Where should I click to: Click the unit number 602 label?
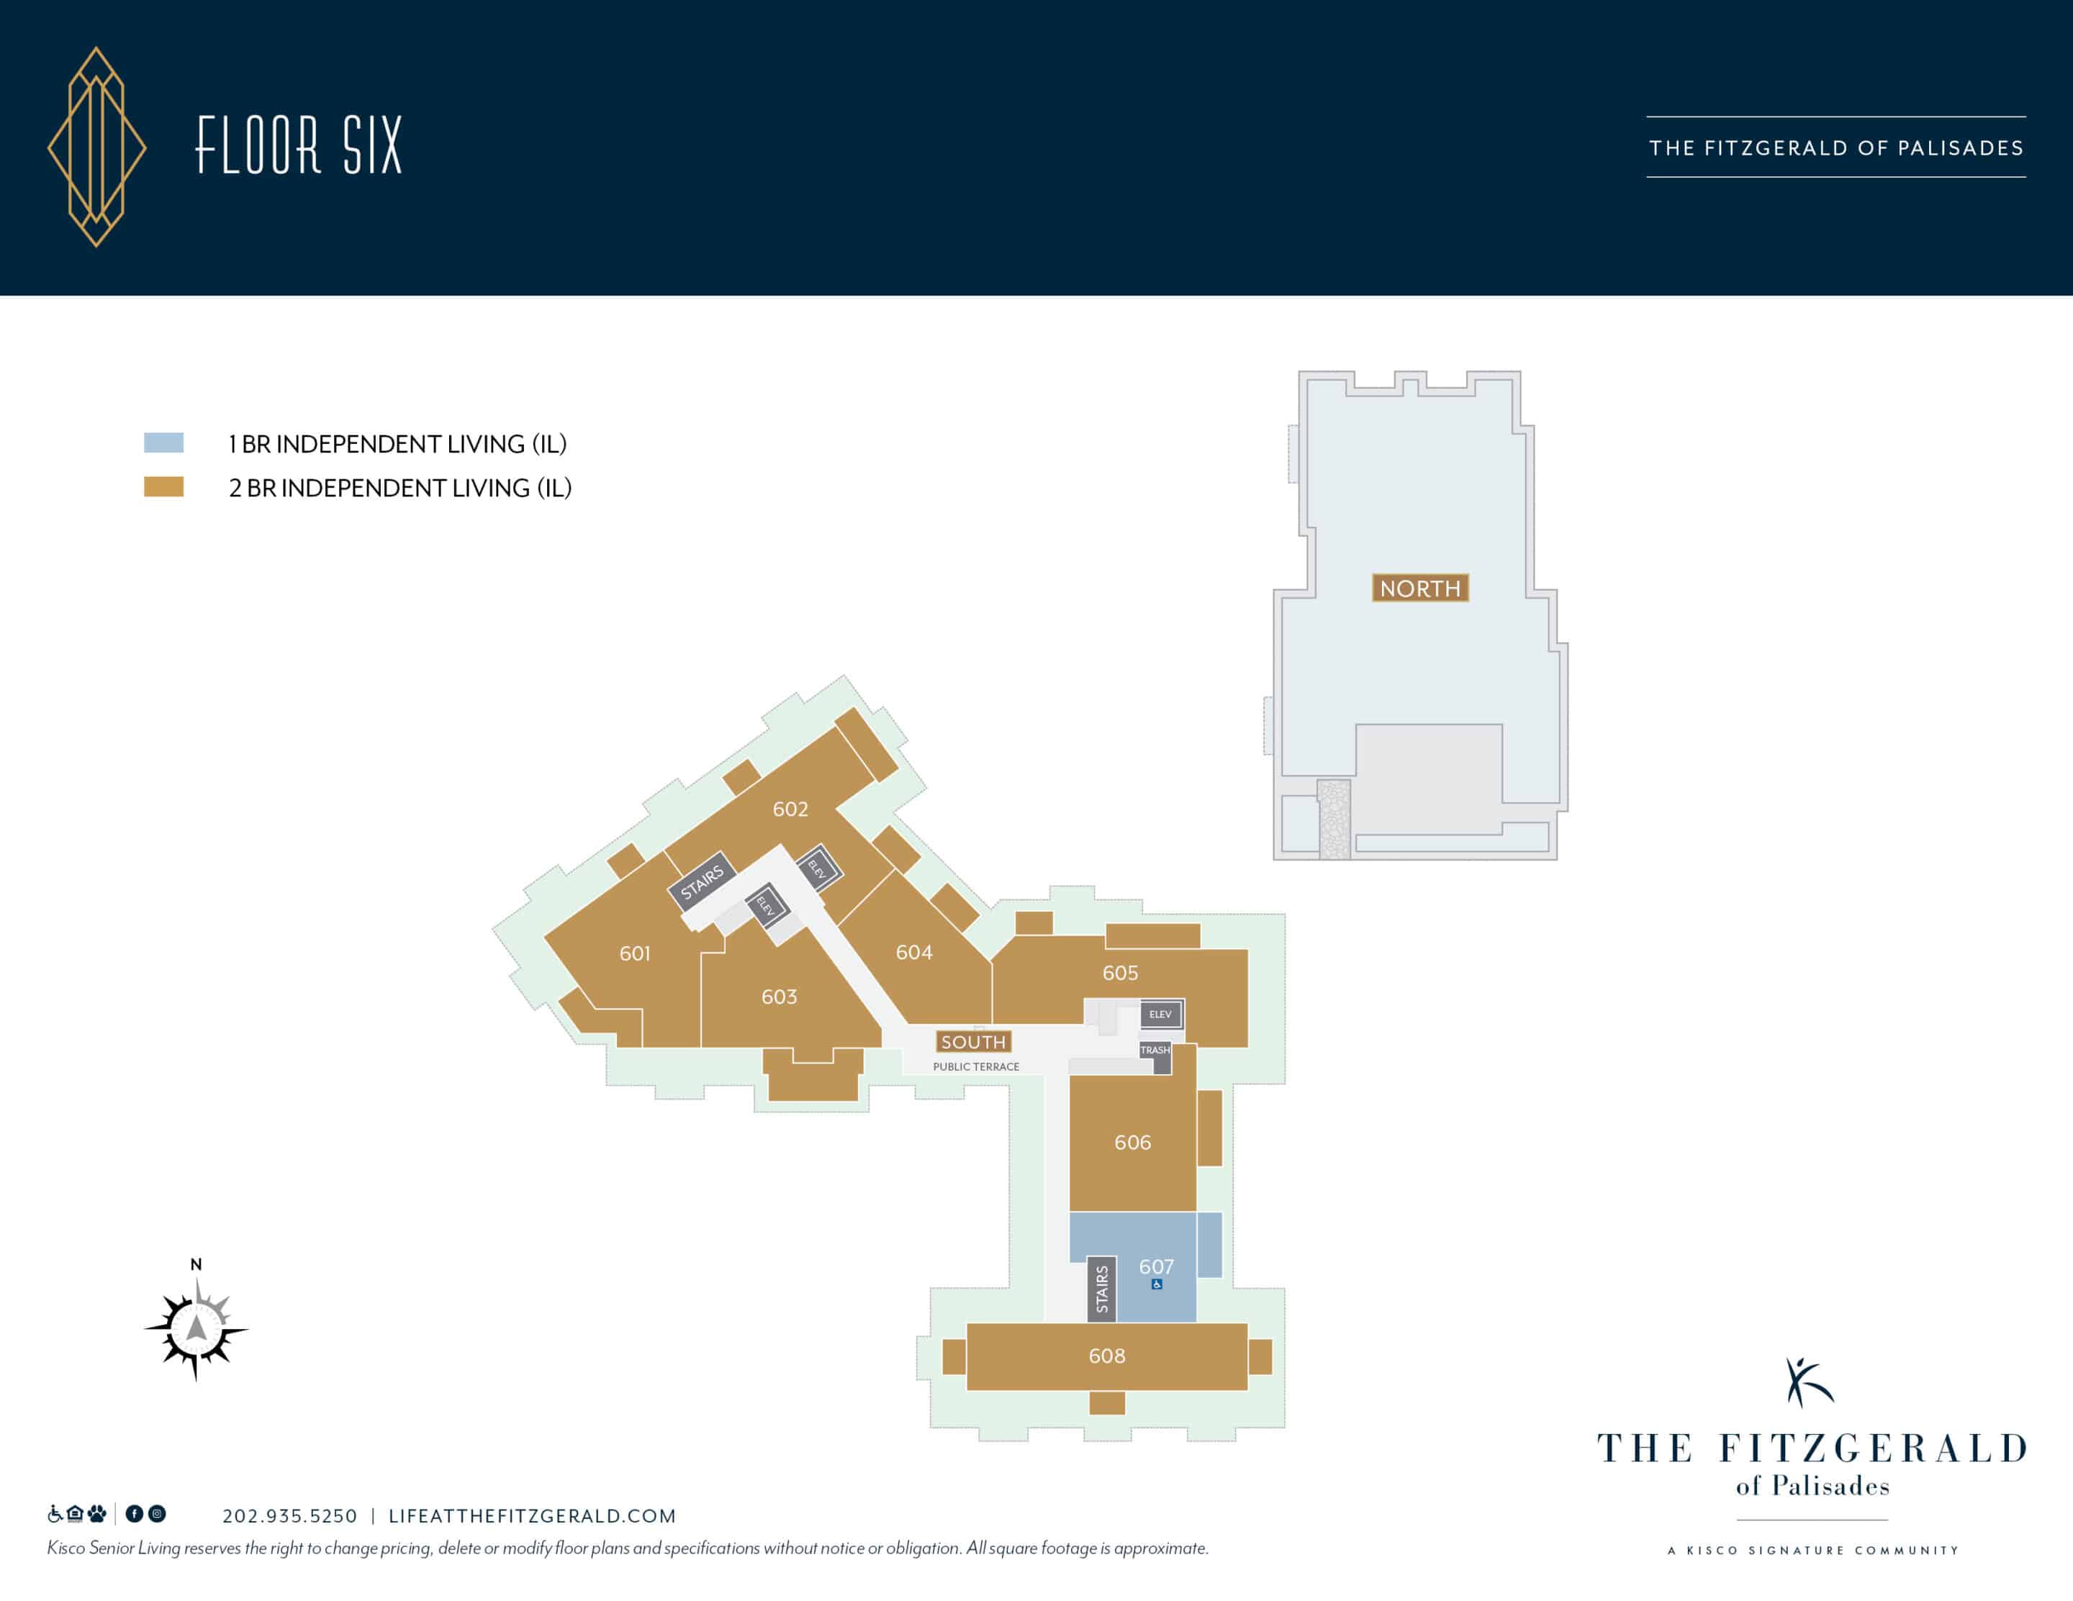[790, 809]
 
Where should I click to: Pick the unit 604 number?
[914, 952]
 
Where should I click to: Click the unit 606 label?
[1132, 1142]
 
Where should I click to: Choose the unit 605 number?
[1120, 973]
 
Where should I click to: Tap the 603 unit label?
[780, 997]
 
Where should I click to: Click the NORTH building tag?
[1420, 589]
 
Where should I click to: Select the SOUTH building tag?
[973, 1042]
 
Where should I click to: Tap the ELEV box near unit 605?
[1161, 1014]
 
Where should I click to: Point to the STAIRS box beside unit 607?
[1102, 1289]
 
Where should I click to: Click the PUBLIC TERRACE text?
[976, 1066]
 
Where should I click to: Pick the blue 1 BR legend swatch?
[163, 443]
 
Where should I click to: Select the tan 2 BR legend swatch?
[163, 487]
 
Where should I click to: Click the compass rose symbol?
[197, 1328]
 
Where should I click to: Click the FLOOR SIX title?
[299, 145]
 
